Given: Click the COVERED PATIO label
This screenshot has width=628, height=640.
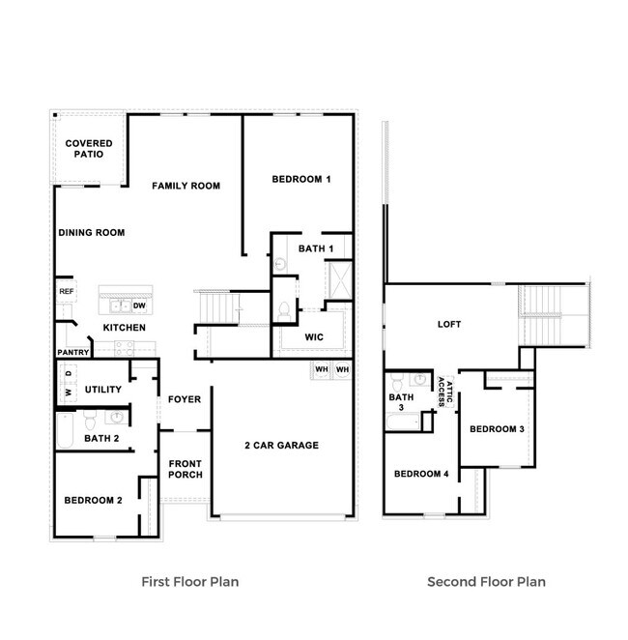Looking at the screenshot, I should click(x=89, y=149).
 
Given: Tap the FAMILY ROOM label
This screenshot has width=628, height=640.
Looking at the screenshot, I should click(x=186, y=186).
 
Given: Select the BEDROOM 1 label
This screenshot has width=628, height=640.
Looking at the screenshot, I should click(x=301, y=179).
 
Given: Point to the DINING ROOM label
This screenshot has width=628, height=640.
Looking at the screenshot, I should click(x=92, y=233).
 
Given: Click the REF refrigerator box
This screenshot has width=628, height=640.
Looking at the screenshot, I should click(x=66, y=291).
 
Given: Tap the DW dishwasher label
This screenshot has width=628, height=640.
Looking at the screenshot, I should click(x=139, y=306).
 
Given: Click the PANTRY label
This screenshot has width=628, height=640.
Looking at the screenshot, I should click(x=73, y=353).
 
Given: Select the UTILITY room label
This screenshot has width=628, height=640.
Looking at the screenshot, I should click(x=102, y=390).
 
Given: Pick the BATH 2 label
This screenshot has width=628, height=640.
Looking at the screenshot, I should click(x=101, y=438).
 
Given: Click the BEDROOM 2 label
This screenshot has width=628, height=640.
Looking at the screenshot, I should click(x=93, y=500).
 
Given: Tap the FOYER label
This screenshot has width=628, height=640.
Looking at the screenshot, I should click(x=184, y=399).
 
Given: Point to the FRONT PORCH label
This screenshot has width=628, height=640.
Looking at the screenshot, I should click(x=185, y=468).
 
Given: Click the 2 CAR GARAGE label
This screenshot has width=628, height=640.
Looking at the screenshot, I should click(x=280, y=446).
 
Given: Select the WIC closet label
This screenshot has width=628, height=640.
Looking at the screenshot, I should click(x=313, y=338).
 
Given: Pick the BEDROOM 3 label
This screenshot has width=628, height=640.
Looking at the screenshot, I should click(x=497, y=428).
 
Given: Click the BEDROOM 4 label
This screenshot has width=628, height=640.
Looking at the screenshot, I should click(x=421, y=474).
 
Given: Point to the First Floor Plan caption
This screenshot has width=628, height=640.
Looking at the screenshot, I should click(x=189, y=582).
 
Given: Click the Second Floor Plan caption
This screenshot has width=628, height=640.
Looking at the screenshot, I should click(x=486, y=582).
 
